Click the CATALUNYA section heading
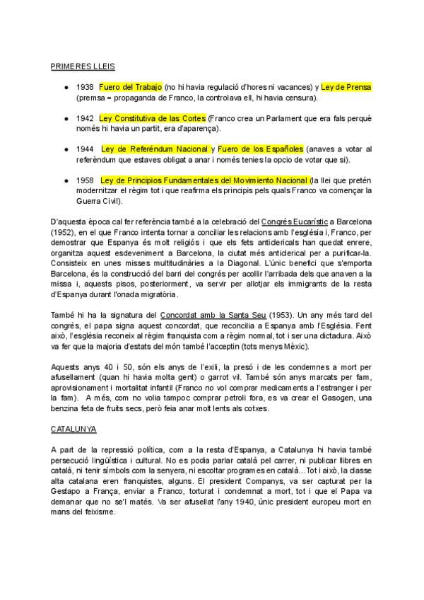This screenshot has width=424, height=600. (x=74, y=429)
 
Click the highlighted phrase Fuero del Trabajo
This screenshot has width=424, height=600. (x=131, y=87)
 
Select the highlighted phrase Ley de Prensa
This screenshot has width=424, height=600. (x=346, y=87)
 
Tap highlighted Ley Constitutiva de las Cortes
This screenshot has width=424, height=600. (x=153, y=117)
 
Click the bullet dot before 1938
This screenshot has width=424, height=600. (x=66, y=87)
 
